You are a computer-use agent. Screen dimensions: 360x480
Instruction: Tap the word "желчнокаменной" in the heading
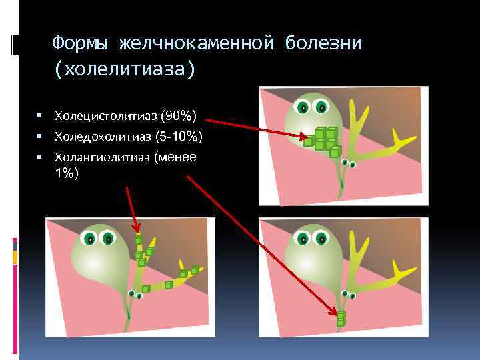[x=196, y=43]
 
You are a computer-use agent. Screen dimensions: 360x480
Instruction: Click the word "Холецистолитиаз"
[x=107, y=117]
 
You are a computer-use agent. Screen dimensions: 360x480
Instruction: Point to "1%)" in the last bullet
[x=67, y=173]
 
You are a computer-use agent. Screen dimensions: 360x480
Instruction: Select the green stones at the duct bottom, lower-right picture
[x=341, y=319]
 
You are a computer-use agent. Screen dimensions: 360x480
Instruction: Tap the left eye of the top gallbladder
[x=303, y=107]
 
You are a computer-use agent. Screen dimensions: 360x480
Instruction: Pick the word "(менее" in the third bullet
[x=175, y=158]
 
